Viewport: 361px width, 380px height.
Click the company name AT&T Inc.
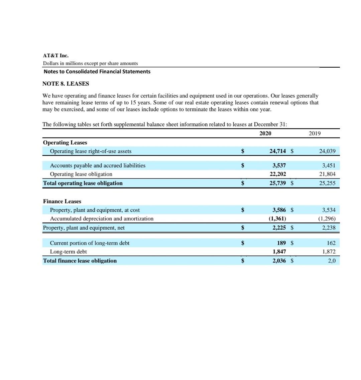tap(56, 56)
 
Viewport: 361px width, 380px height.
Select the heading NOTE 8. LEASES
tap(66, 84)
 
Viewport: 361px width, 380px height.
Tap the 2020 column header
tap(265, 133)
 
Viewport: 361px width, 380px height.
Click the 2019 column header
tap(315, 133)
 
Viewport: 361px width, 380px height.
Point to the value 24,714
tap(277, 151)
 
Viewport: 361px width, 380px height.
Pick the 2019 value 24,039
tap(327, 151)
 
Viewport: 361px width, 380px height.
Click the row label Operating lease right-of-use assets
tap(91, 151)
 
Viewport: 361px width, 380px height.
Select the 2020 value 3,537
tap(279, 165)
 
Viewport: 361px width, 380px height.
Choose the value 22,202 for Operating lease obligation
tap(277, 174)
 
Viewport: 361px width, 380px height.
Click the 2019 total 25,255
tap(327, 183)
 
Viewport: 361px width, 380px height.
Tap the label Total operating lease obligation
tap(83, 183)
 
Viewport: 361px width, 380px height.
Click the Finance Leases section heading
tap(62, 201)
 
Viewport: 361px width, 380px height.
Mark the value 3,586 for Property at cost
tap(279, 210)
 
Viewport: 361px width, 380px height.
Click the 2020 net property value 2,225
tap(279, 228)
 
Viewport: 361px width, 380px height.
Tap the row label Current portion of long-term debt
tap(90, 243)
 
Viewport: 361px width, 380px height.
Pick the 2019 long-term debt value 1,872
tap(329, 251)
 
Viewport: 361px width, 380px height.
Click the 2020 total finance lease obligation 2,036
tap(279, 261)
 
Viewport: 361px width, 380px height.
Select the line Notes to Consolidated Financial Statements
tap(97, 72)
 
